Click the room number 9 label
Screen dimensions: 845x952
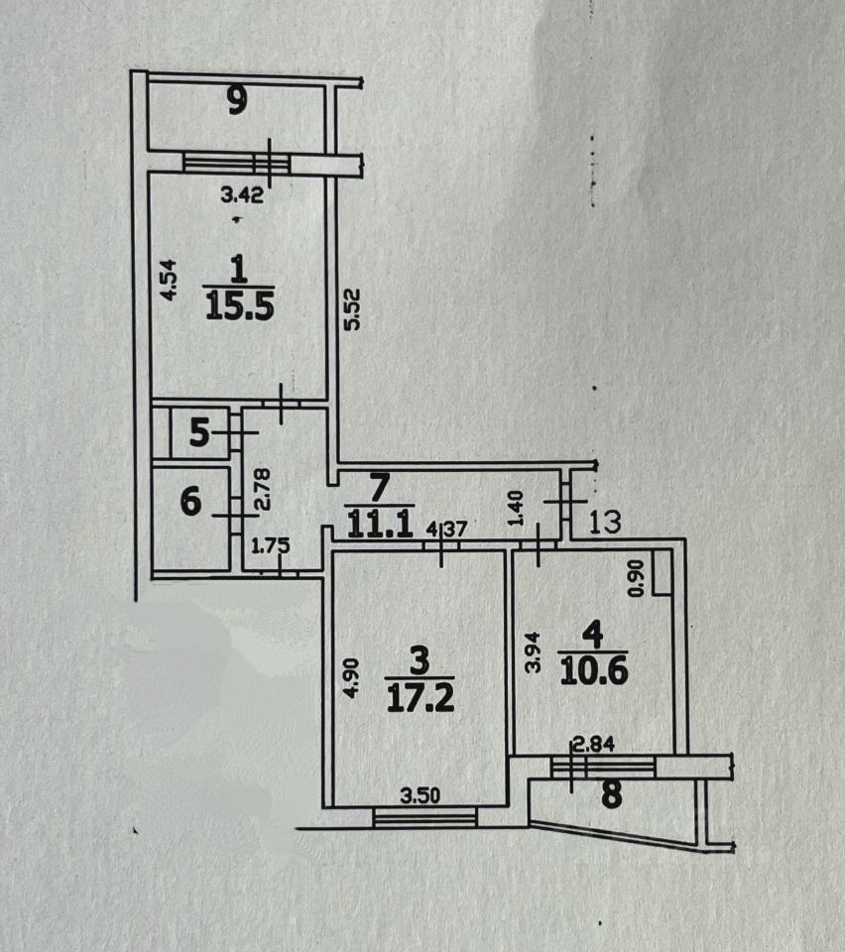point(236,102)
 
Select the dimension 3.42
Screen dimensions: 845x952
point(240,195)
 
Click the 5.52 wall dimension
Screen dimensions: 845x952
point(348,310)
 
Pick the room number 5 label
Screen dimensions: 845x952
point(199,434)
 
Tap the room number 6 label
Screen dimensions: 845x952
point(191,503)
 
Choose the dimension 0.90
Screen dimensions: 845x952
point(638,576)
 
